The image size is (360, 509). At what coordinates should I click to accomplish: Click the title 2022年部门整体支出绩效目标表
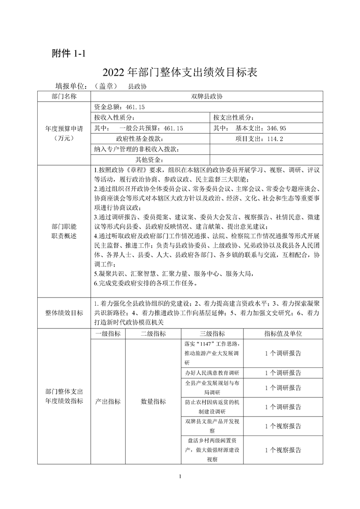(180, 72)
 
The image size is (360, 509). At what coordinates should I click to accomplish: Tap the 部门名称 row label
(64, 96)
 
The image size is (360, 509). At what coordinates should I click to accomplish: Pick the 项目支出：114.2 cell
(259, 139)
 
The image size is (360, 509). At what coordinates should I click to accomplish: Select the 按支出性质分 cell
(234, 117)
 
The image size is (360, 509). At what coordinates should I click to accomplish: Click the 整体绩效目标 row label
(64, 313)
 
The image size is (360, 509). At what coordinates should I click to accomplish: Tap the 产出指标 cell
(108, 401)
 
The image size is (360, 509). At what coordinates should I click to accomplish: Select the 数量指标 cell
(153, 401)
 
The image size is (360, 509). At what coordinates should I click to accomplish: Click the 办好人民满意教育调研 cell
(212, 373)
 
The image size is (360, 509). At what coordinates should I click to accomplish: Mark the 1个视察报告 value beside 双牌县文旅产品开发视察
(283, 426)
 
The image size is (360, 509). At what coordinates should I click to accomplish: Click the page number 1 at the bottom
(180, 476)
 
